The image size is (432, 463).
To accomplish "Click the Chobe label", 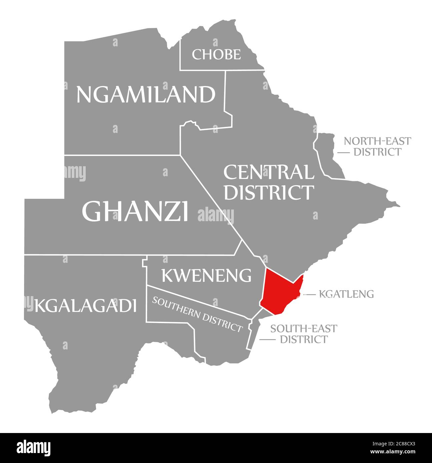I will (216, 54).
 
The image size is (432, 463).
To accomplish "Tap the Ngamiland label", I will (146, 95).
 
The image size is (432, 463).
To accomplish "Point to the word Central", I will (269, 172).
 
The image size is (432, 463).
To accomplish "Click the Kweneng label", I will (206, 275).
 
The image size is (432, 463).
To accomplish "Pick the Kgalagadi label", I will (86, 305).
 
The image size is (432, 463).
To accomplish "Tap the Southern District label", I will (197, 314).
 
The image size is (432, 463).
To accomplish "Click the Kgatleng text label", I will (346, 294).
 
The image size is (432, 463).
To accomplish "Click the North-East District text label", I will (377, 146).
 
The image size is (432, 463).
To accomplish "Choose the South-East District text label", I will (304, 334).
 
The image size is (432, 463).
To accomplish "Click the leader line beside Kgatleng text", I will (309, 294).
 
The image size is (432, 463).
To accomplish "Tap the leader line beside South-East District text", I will (267, 339).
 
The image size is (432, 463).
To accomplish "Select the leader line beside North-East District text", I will (344, 152).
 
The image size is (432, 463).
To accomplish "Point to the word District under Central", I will (269, 192).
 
